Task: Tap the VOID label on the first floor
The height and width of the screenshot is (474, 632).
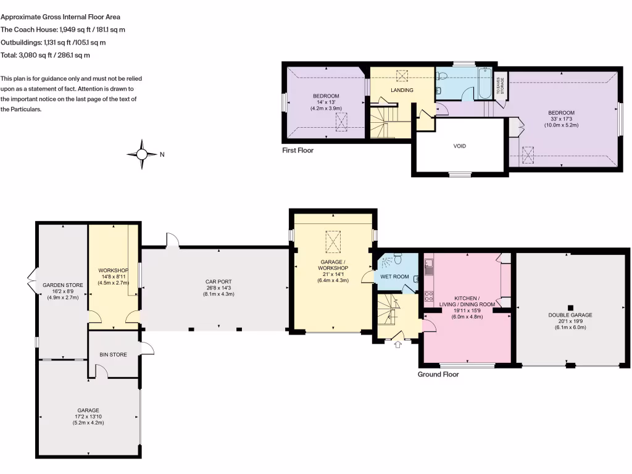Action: (x=459, y=146)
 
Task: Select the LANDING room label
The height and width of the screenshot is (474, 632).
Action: (x=402, y=91)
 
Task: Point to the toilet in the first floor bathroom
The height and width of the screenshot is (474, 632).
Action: (x=441, y=77)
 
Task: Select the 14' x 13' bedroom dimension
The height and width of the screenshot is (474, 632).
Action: (x=325, y=102)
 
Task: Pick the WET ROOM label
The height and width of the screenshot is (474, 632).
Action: (x=394, y=276)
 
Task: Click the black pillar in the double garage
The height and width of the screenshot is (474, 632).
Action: (x=570, y=307)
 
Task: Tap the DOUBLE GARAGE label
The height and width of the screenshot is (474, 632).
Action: (x=570, y=315)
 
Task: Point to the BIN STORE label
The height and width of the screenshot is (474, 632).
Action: (x=113, y=355)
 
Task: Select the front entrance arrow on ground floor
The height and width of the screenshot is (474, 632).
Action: (x=397, y=344)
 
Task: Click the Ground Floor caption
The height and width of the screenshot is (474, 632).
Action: (x=438, y=374)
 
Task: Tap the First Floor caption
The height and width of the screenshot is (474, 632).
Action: (x=298, y=150)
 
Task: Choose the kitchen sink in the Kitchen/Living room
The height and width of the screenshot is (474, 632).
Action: (x=428, y=266)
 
